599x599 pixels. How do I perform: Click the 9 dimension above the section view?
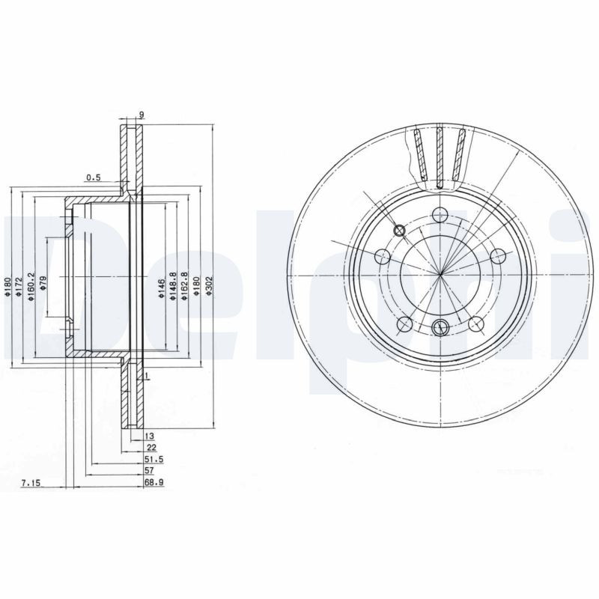click(141, 115)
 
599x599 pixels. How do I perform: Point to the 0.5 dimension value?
click(94, 177)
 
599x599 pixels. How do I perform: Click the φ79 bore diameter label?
click(43, 284)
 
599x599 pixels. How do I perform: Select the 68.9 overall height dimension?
click(154, 484)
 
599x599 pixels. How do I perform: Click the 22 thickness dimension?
click(151, 447)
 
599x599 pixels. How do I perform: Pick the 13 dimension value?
click(149, 435)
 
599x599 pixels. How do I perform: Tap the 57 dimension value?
click(149, 472)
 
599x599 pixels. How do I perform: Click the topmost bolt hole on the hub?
click(440, 213)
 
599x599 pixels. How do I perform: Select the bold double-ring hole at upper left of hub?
click(399, 231)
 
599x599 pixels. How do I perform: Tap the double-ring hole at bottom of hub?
click(440, 326)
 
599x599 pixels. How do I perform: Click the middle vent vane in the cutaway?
click(440, 155)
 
